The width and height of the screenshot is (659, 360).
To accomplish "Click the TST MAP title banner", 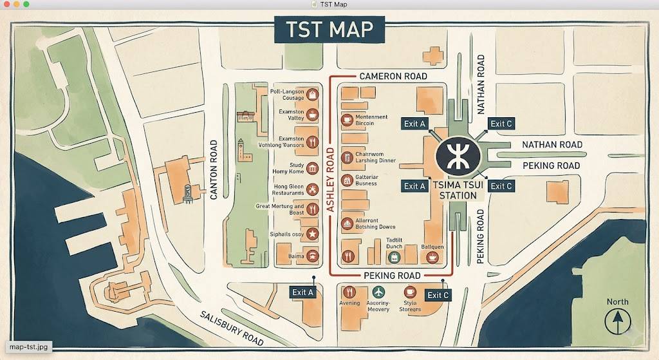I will click(329, 30).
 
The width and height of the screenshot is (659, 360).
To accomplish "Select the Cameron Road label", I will click(393, 76).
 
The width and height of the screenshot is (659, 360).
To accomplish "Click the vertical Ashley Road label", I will click(329, 180).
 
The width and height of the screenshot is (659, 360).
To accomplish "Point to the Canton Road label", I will click(214, 169).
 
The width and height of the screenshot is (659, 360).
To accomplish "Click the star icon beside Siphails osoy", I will click(312, 234).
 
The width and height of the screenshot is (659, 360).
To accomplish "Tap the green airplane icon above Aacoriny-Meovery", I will click(378, 292).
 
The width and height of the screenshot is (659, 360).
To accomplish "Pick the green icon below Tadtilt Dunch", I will click(394, 258).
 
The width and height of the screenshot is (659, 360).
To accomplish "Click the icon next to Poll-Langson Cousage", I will click(312, 95).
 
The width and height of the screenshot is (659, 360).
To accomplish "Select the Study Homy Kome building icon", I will click(312, 168).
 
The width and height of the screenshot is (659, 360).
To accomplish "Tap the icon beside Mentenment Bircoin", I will click(347, 120).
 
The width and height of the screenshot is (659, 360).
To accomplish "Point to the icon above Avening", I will click(349, 292).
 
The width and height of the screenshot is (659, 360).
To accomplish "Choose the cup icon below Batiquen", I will click(432, 257).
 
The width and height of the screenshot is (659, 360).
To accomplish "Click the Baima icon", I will click(312, 256).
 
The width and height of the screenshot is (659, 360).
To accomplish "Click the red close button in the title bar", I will click(7, 5).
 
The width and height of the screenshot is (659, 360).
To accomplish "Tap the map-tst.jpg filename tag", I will click(29, 347).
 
